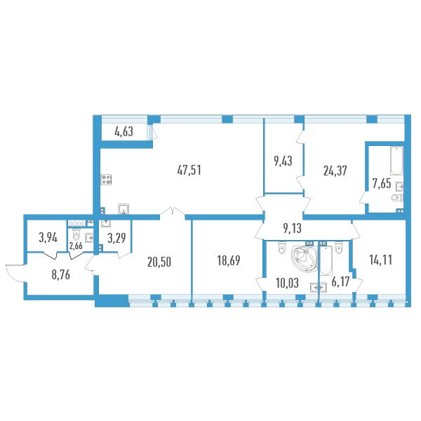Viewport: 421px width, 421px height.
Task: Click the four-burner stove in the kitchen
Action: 107,180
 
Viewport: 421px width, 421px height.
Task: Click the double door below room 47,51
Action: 171,212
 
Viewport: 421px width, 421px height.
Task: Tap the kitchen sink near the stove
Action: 124,208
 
